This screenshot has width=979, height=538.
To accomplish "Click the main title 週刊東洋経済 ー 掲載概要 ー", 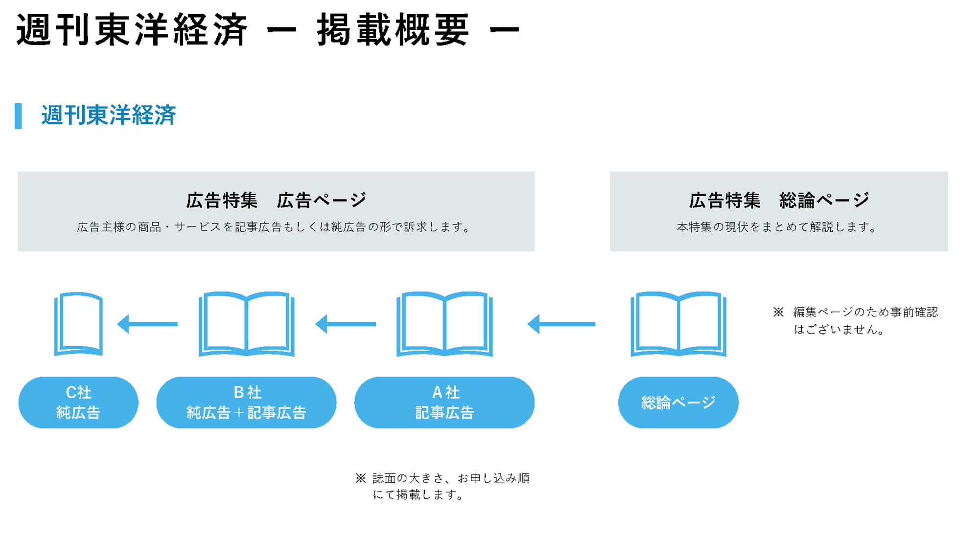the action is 268,30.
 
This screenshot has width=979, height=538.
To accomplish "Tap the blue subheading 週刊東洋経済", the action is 108,115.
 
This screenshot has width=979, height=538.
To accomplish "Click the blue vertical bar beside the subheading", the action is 19,116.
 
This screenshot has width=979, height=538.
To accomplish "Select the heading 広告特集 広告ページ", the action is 276,200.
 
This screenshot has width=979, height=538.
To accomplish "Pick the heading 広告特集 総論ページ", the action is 779,200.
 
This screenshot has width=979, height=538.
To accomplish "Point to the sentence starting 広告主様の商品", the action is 274,227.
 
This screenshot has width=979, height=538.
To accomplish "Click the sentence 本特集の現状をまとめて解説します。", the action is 777,227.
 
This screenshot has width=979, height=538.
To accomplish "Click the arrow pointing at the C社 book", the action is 147,324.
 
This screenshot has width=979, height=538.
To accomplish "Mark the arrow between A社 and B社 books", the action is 346,324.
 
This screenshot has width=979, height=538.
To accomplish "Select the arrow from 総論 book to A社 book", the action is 561,324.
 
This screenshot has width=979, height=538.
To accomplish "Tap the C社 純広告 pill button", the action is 78,403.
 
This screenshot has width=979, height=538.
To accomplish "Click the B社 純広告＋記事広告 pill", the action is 246,403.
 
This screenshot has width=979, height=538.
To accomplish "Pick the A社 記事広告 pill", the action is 444,403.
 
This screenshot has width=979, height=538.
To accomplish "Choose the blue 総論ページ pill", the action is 678,403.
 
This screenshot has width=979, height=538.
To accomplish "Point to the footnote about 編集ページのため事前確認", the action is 856,320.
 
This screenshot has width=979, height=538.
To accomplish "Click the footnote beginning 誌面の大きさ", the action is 443,486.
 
